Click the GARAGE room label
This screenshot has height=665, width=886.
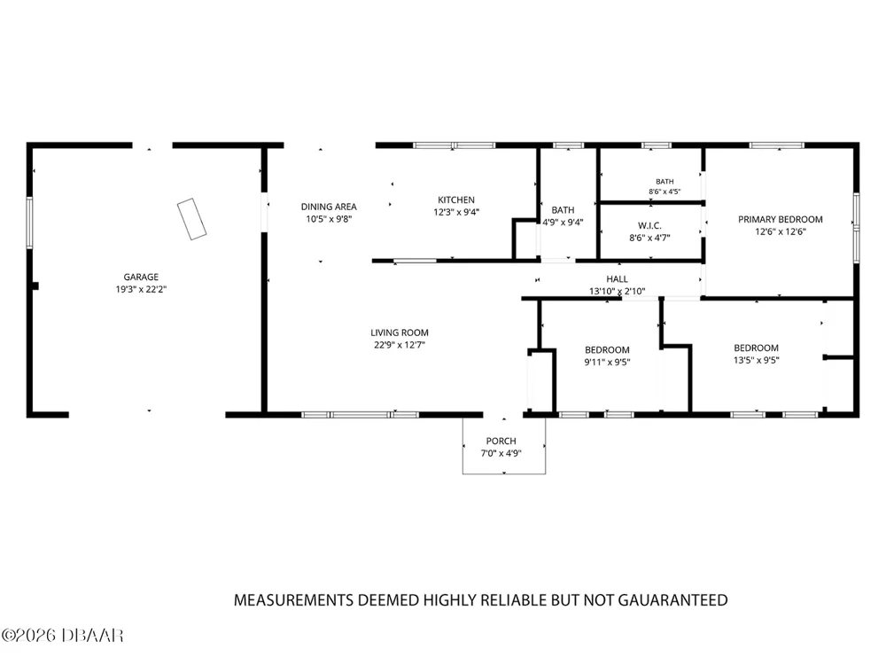[141, 277]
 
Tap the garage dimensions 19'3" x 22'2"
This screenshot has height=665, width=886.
[141, 290]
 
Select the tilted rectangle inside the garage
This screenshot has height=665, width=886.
[191, 219]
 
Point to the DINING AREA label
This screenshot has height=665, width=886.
[329, 207]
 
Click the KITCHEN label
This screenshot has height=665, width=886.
[456, 200]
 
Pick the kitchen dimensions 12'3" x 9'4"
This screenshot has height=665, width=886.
[456, 213]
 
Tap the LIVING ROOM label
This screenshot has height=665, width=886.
[400, 333]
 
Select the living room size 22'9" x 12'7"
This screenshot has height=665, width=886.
[400, 345]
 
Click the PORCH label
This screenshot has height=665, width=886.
[501, 441]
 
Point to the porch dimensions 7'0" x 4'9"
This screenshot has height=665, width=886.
[501, 453]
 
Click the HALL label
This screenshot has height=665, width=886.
[617, 279]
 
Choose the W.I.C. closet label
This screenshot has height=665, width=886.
[649, 225]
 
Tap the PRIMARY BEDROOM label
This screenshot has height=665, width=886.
[781, 219]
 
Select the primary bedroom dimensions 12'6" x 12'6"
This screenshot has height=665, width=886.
[781, 231]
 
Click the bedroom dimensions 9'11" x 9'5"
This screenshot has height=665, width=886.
[607, 363]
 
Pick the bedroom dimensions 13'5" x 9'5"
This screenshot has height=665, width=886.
[756, 360]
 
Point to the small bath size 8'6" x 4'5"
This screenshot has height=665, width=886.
[664, 192]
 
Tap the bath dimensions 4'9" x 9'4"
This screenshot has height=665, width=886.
[563, 223]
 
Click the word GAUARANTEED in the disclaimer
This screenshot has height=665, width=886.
[672, 600]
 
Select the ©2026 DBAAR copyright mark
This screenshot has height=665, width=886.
[62, 636]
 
